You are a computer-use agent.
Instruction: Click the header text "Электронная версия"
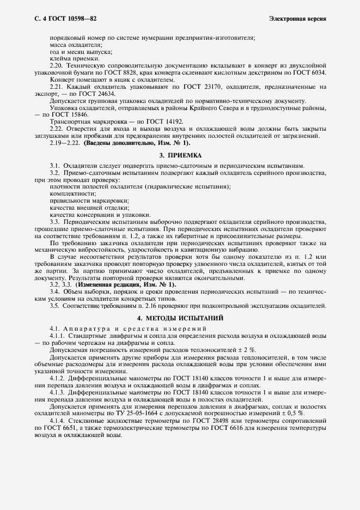[297, 19]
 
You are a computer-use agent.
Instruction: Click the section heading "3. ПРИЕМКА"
[180, 155]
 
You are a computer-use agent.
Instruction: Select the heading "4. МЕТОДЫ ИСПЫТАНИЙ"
[180, 318]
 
